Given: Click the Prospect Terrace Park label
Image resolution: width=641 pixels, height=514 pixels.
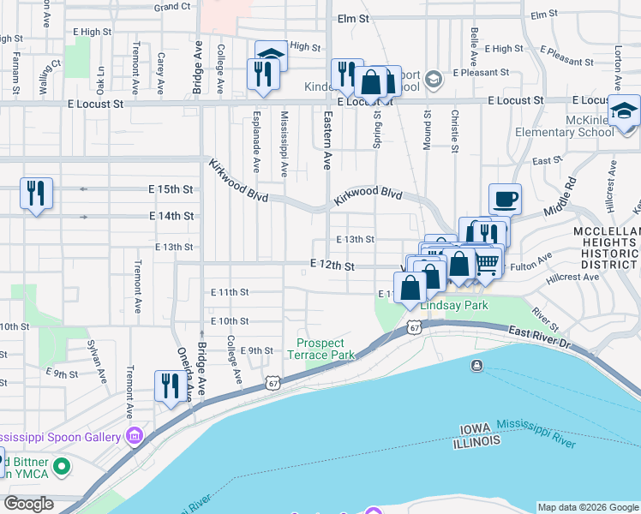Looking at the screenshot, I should (x=320, y=349).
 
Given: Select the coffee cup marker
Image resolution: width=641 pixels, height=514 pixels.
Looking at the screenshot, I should (x=505, y=199).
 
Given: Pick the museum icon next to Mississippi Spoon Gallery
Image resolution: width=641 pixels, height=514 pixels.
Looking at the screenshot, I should (x=134, y=437).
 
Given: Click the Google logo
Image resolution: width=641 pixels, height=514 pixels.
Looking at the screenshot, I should (x=28, y=504).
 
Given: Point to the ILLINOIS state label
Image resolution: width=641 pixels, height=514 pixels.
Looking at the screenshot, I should (x=478, y=440).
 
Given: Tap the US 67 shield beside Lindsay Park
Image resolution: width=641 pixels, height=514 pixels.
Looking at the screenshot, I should (x=415, y=327).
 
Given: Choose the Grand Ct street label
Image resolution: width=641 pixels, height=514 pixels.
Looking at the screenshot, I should (x=172, y=6).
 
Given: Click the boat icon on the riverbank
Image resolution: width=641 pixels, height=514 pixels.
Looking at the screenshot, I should (x=476, y=367).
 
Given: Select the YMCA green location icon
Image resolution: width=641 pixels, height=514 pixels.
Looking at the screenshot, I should (x=61, y=468).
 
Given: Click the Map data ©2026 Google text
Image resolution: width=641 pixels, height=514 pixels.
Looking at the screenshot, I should (x=587, y=506).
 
